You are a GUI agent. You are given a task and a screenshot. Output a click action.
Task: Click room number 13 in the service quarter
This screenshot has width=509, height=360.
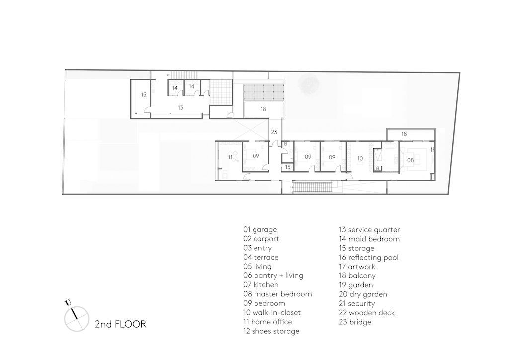[181, 108]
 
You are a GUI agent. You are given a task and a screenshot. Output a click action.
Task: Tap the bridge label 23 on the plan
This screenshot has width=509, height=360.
[274, 132]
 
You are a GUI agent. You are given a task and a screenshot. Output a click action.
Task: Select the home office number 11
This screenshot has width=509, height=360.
[230, 158]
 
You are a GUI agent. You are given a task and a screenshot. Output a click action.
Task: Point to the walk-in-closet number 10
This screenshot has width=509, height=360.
[360, 159]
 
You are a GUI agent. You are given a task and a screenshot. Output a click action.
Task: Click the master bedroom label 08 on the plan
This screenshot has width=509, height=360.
[410, 160]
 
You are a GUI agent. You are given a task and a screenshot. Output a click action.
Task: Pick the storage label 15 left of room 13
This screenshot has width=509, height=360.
[144, 95]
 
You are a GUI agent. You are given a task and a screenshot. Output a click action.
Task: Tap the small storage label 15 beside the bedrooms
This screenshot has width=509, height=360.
[288, 167]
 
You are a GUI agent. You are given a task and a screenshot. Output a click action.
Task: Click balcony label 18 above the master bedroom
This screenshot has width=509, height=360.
[404, 134]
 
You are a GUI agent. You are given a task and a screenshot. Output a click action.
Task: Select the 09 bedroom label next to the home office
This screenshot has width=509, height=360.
[256, 156]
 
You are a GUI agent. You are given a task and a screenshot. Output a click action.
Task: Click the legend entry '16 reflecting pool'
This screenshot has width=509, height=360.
[369, 258]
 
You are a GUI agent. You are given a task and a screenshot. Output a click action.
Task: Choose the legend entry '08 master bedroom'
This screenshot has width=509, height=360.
[277, 294]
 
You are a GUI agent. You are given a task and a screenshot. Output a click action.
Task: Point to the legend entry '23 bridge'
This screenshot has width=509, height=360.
[355, 322]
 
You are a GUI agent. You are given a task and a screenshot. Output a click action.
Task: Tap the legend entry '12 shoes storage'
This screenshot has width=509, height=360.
[271, 331]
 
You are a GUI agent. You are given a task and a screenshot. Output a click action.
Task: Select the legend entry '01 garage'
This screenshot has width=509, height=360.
[260, 230]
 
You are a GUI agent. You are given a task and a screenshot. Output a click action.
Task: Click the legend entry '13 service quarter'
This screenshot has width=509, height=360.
[369, 230]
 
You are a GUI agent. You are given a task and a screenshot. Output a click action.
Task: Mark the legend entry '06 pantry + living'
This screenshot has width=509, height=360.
[273, 276]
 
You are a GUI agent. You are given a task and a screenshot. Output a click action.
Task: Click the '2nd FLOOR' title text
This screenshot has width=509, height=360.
[120, 324]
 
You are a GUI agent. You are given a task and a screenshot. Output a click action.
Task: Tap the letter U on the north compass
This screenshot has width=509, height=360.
[68, 303]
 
